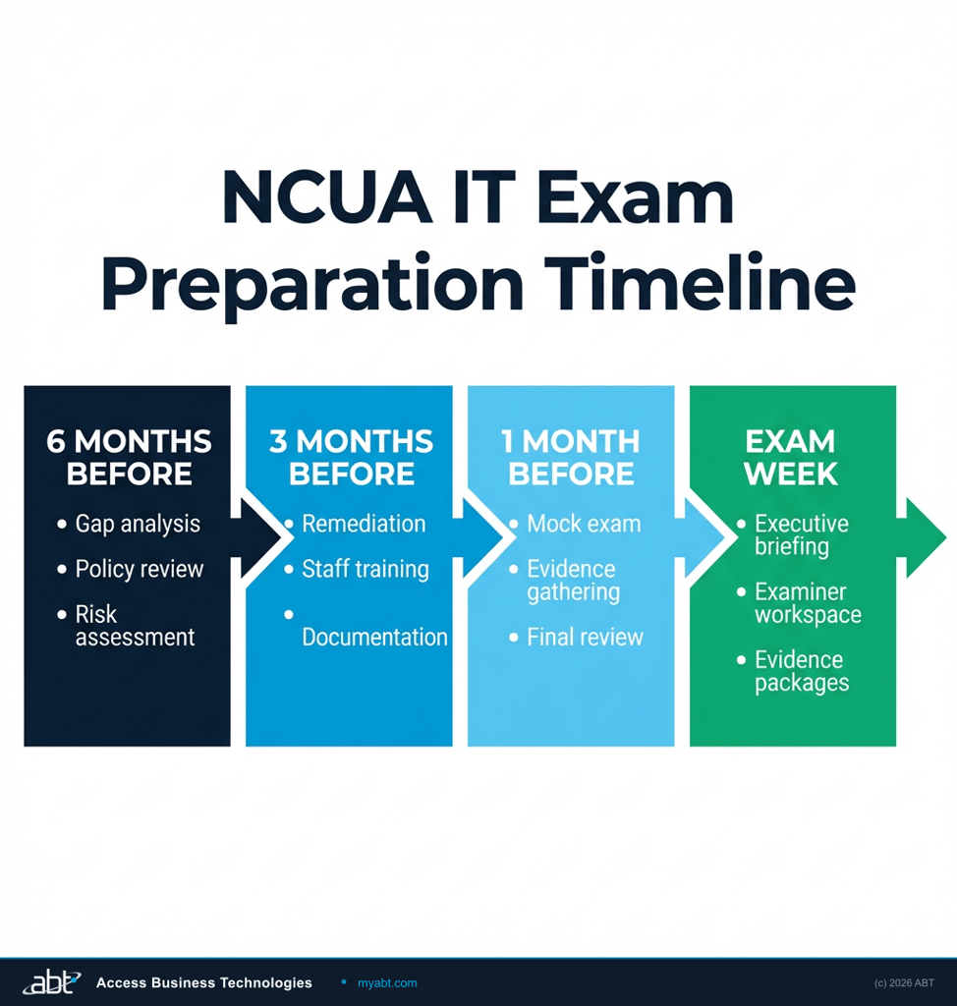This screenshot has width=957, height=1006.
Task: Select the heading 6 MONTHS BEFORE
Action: (129, 457)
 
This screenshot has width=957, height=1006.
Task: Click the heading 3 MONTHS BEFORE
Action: (351, 457)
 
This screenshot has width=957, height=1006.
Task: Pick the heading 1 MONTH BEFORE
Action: (571, 457)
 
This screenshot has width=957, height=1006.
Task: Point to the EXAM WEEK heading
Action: (791, 457)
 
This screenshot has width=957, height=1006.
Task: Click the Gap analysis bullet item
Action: (138, 524)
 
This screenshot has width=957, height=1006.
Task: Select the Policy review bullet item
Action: (140, 569)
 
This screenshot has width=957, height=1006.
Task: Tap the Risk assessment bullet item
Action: (135, 626)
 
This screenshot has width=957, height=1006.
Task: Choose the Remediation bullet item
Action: (364, 524)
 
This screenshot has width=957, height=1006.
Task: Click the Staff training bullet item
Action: (365, 569)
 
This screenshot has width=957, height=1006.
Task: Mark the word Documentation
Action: (374, 637)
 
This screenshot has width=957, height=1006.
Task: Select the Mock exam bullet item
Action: (584, 524)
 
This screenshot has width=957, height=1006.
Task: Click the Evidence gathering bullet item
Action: (573, 581)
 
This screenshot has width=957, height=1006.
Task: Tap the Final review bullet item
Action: (585, 637)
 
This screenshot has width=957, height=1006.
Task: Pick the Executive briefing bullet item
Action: (801, 534)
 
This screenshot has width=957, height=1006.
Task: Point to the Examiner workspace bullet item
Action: (808, 603)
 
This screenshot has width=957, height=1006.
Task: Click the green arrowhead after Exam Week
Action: (925, 537)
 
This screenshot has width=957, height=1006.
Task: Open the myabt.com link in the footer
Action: (387, 982)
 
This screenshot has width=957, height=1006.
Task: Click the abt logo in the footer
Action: (51, 981)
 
